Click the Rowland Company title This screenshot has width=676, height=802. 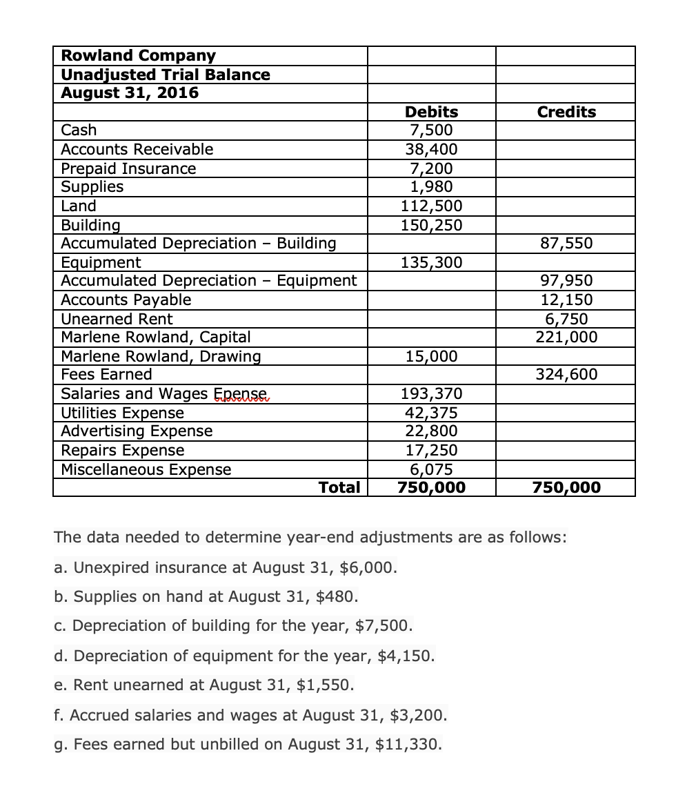coord(138,55)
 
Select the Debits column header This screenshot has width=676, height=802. coord(431,112)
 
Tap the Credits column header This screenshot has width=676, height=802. coord(566,112)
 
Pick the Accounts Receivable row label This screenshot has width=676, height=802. coord(137,149)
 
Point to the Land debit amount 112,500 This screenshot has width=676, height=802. coord(431,206)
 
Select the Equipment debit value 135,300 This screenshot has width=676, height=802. coord(431,262)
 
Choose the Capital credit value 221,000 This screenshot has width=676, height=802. coord(566,338)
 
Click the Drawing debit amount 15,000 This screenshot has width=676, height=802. coord(431,356)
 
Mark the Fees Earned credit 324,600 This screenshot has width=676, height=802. coord(566,375)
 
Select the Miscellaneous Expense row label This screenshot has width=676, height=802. coord(146,469)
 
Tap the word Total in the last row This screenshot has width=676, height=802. coord(339,487)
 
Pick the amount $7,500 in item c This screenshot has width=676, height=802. coord(389,626)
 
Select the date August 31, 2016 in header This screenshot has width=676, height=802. coord(130,92)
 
